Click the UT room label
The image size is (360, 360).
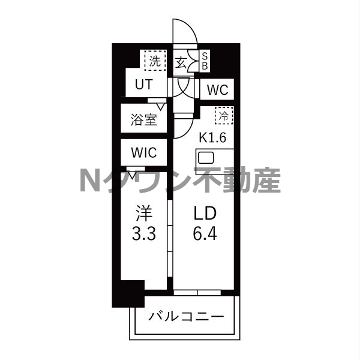click(143, 85)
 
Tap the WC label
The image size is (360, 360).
click(217, 91)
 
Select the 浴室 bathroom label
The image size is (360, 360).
click(143, 119)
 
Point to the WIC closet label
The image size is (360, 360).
click(143, 152)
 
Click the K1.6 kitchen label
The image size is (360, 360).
click(212, 137)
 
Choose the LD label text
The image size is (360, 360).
click(204, 214)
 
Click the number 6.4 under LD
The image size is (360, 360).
click(204, 232)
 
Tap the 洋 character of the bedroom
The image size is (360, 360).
click(144, 214)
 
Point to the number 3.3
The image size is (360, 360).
click(144, 233)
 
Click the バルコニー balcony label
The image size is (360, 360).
click(186, 316)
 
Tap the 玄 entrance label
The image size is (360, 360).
click(181, 62)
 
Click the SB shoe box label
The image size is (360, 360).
click(204, 61)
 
